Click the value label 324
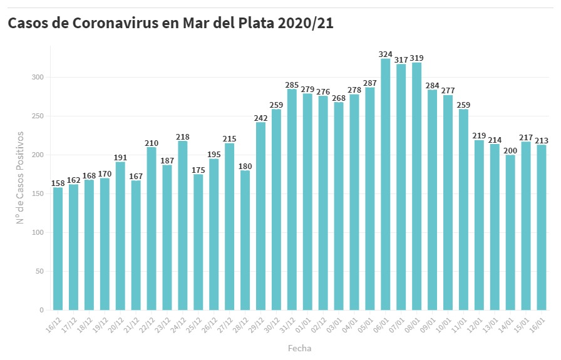(386, 54)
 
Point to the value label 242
(260, 118)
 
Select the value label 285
(292, 85)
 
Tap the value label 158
(58, 183)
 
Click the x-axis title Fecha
(299, 348)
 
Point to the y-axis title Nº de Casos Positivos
(21, 177)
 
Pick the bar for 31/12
(292, 200)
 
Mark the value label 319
(417, 58)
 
